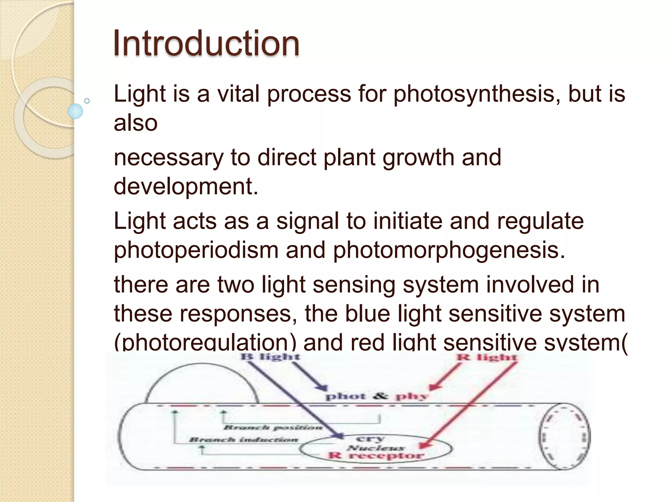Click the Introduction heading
click(x=206, y=43)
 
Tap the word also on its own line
click(x=136, y=123)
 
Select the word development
click(x=186, y=187)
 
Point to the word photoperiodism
click(x=196, y=250)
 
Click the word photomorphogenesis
click(x=449, y=250)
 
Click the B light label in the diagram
click(x=270, y=357)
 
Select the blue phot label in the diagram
click(x=346, y=397)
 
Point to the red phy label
click(x=412, y=397)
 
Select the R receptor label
click(x=376, y=456)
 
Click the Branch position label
click(x=273, y=427)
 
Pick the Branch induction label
click(x=244, y=440)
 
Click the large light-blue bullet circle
click(x=75, y=111)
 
